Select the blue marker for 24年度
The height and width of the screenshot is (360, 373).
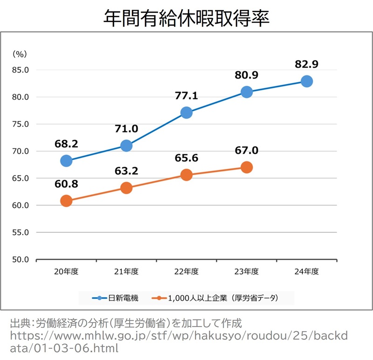[306, 82]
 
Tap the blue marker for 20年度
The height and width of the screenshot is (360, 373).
[66, 161]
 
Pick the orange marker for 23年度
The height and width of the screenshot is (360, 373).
[247, 167]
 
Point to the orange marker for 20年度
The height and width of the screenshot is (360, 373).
[66, 201]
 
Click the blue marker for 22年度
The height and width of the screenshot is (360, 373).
[186, 112]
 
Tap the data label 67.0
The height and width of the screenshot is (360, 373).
[247, 151]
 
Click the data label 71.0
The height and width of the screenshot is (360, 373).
[126, 129]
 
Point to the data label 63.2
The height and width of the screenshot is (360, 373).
[126, 171]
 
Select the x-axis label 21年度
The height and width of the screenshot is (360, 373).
[126, 271]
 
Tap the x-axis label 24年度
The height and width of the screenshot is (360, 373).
[306, 271]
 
